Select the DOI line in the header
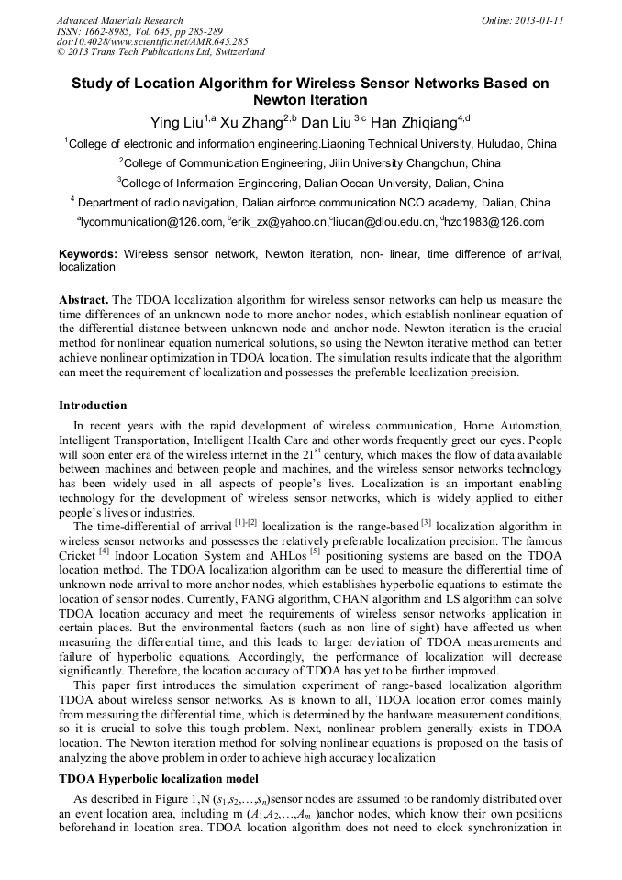point(152,41)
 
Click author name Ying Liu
point(177,121)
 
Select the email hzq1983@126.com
point(494,222)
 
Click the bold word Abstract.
point(83,300)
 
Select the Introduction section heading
point(93,405)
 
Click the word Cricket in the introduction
point(77,557)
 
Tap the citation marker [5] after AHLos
point(315,553)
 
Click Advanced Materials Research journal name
point(119,20)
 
